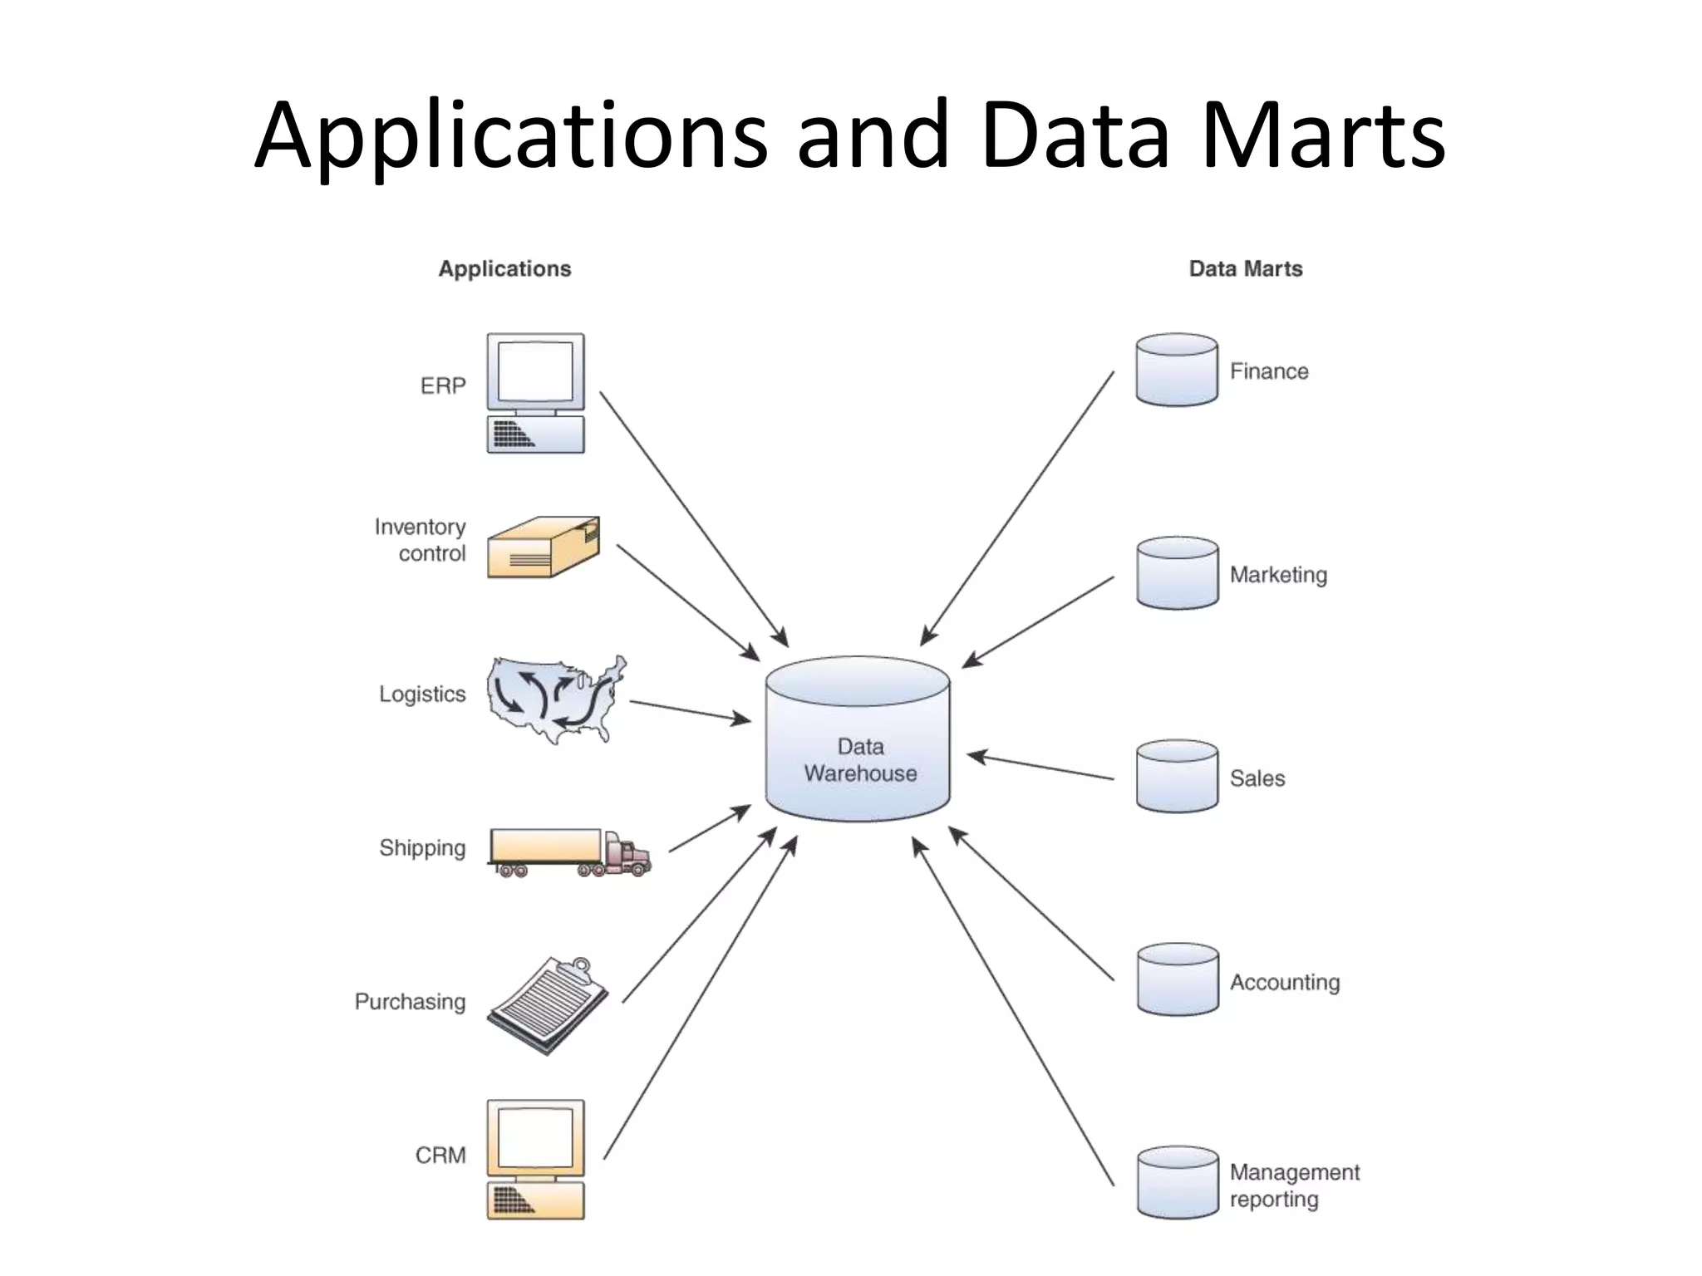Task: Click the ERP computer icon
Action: [535, 393]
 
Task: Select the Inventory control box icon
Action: [543, 547]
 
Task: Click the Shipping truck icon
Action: [569, 852]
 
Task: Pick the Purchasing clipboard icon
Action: [548, 1005]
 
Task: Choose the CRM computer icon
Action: [535, 1160]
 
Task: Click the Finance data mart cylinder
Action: [1177, 371]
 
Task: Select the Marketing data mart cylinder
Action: [1177, 573]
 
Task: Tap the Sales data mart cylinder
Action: [1177, 776]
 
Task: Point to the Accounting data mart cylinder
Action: [1177, 979]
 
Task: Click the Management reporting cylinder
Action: [1177, 1183]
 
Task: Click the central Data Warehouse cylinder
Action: [858, 739]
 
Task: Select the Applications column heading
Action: [504, 269]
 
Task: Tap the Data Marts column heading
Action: [1245, 269]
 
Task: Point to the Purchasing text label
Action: [410, 1002]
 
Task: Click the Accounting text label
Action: [1285, 983]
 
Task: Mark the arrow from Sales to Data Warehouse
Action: [1041, 766]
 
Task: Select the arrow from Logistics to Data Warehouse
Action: [690, 712]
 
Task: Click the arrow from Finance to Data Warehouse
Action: [1017, 508]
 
